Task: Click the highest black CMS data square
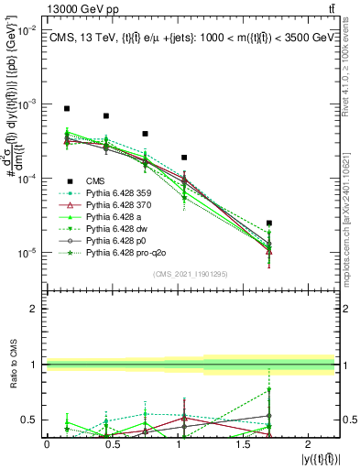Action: (x=67, y=108)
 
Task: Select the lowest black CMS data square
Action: (x=268, y=223)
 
